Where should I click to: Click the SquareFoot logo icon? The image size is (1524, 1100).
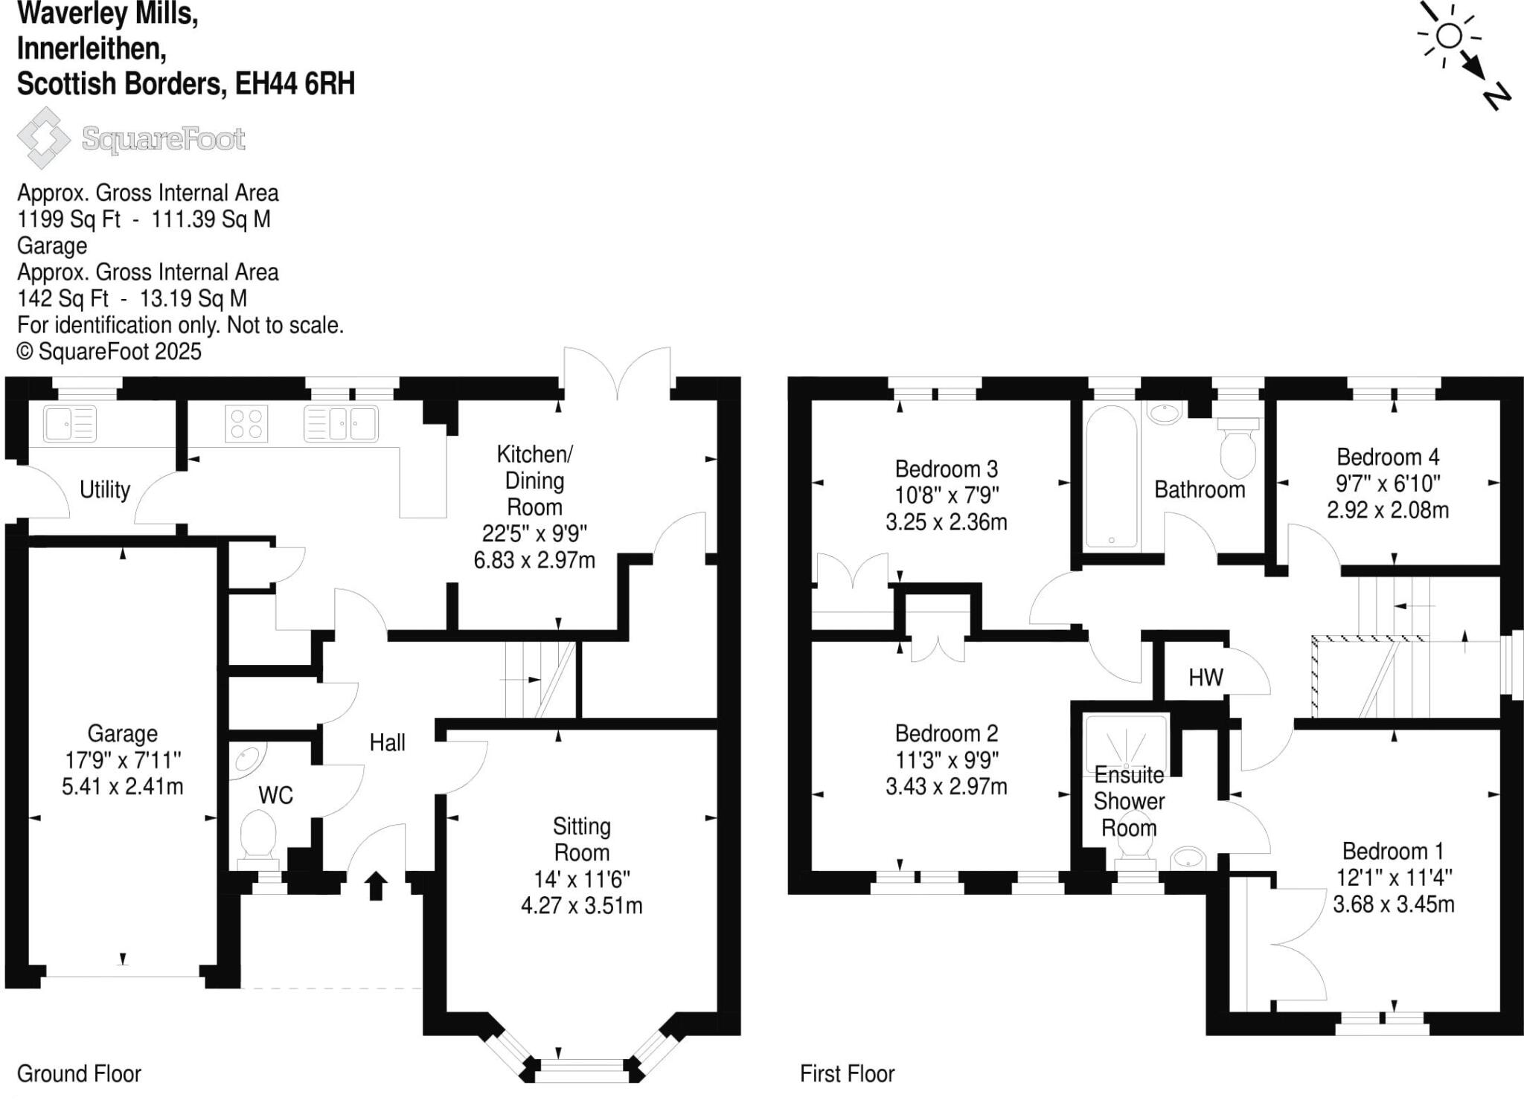tap(43, 138)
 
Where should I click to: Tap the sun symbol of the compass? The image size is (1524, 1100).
tap(1448, 35)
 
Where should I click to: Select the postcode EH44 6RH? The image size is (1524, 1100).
tap(295, 83)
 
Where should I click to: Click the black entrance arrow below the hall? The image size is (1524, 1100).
tap(376, 885)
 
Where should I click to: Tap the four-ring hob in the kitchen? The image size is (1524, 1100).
tap(246, 424)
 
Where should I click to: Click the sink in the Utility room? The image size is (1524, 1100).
tap(70, 424)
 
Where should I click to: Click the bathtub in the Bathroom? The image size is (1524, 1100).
tap(1111, 476)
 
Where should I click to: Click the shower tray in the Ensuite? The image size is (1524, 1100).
tap(1126, 740)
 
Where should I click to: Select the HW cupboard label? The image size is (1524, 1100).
tap(1206, 677)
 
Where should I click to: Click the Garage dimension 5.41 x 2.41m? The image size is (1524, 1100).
tap(122, 786)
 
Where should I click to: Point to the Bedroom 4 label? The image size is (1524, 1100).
tap(1387, 457)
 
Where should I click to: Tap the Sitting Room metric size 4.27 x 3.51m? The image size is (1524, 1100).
tap(581, 905)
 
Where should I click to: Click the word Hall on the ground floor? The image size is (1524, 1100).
tap(387, 742)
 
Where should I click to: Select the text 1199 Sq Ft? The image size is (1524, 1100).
tap(68, 219)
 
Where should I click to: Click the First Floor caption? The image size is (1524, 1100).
tap(847, 1073)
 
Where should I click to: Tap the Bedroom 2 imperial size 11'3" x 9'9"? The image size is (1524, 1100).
tap(946, 759)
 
